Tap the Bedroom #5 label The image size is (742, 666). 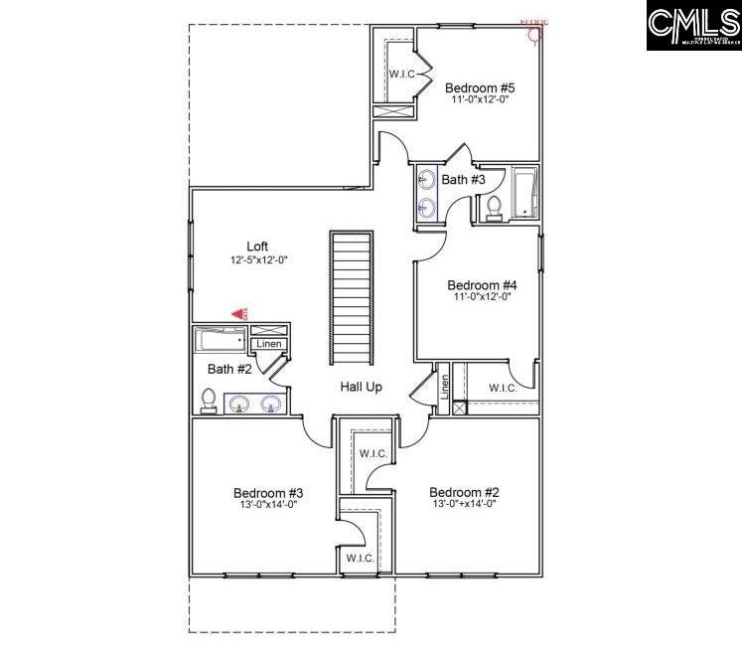click(x=480, y=87)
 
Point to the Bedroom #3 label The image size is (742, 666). click(x=268, y=492)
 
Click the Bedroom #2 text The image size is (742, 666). click(x=464, y=492)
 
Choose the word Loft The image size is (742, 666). click(x=257, y=247)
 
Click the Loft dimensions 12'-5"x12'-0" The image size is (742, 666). click(x=257, y=260)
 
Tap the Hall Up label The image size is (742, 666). click(x=361, y=387)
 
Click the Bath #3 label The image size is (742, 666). click(x=463, y=180)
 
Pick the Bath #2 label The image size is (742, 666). click(x=228, y=369)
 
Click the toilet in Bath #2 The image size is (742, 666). click(x=209, y=401)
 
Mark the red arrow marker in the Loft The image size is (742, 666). click(x=238, y=313)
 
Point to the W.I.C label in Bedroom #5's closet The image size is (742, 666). click(x=401, y=74)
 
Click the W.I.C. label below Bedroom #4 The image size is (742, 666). click(x=503, y=388)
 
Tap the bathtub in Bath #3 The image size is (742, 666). click(x=524, y=194)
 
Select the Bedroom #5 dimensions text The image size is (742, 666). click(x=480, y=100)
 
